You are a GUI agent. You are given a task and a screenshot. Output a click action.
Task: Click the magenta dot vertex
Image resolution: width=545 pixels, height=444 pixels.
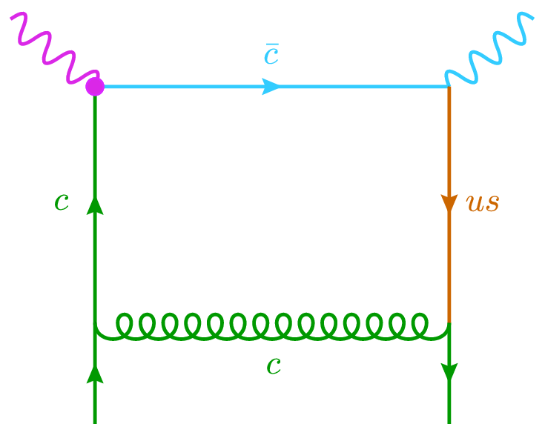(x=95, y=87)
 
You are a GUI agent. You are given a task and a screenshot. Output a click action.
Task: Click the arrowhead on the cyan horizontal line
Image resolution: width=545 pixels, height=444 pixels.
(x=272, y=87)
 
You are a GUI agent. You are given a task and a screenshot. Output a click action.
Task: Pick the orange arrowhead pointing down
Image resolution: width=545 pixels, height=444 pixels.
(x=449, y=203)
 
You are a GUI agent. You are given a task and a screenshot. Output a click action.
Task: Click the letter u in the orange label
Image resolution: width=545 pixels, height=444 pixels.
(x=475, y=204)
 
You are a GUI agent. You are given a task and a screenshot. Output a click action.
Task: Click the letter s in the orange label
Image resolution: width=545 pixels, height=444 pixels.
(x=492, y=204)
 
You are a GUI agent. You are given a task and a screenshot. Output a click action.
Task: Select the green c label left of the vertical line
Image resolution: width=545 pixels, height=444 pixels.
(x=62, y=202)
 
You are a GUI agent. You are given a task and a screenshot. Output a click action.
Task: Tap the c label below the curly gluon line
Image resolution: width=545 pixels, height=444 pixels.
(x=274, y=365)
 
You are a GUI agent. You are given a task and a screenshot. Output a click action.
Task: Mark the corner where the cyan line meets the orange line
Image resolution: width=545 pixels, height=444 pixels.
(x=449, y=87)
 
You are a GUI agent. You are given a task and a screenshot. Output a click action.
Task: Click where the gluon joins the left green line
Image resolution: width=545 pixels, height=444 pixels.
(x=95, y=324)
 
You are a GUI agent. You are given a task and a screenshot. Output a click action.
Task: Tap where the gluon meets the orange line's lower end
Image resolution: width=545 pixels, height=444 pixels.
(x=449, y=324)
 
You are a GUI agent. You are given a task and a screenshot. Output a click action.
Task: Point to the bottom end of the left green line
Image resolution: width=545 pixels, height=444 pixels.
(x=95, y=422)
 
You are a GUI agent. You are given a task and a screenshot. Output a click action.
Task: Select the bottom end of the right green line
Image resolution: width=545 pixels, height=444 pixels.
(x=449, y=422)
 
